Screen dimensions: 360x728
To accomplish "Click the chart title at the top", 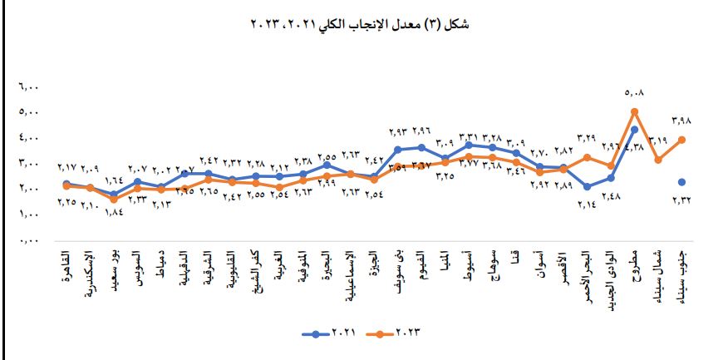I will coord(364,24).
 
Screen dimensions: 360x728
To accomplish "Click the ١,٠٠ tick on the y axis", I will coord(30,215).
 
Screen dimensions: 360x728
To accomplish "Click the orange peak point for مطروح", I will coord(634,111).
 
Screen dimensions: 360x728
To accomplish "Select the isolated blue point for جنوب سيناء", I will coord(681,182).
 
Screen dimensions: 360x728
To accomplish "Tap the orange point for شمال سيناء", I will coord(657,160).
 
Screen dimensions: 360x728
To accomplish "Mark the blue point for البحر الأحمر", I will coord(587,187).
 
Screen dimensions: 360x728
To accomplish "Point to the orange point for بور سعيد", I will coord(114,200).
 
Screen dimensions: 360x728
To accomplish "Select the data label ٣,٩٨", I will coord(681,121).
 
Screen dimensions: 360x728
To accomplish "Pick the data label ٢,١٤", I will coord(587,200).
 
